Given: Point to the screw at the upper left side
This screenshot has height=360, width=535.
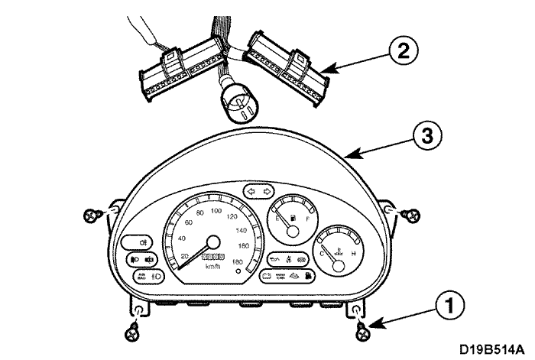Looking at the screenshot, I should (92, 215).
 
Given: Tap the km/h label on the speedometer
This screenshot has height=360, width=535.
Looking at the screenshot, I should (212, 267).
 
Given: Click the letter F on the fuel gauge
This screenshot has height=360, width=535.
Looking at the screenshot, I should (307, 219).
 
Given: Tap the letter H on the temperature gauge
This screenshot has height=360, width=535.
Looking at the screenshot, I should (352, 253).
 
